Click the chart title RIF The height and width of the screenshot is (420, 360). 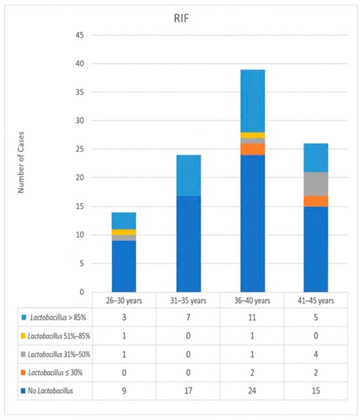[x=181, y=18]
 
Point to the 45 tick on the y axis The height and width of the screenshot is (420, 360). [x=80, y=35]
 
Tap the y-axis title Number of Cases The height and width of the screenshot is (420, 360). [x=21, y=162]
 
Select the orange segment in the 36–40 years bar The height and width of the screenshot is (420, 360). [x=253, y=149]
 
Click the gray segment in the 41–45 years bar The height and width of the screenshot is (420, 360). [x=316, y=184]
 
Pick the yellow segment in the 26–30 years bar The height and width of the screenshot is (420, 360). [x=124, y=232]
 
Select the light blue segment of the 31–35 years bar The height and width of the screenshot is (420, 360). [x=189, y=176]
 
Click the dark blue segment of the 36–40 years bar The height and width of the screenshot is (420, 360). [x=253, y=223]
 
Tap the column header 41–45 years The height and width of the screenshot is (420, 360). [x=316, y=301]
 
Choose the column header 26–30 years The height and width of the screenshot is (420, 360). [x=124, y=301]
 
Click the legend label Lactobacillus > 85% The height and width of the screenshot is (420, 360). [x=58, y=317]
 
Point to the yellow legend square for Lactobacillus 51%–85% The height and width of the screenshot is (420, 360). [x=24, y=335]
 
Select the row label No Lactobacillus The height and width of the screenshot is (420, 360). [x=50, y=391]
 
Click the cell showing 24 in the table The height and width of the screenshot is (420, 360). [x=252, y=391]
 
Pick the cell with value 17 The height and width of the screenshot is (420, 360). [x=188, y=391]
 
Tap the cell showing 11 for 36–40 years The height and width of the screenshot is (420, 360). [x=252, y=317]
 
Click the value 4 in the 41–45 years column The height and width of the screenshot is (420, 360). [x=316, y=354]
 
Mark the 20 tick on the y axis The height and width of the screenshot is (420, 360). [x=80, y=178]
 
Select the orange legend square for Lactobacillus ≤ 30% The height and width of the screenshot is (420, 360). [x=24, y=373]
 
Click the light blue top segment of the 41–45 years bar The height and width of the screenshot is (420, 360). [x=316, y=158]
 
